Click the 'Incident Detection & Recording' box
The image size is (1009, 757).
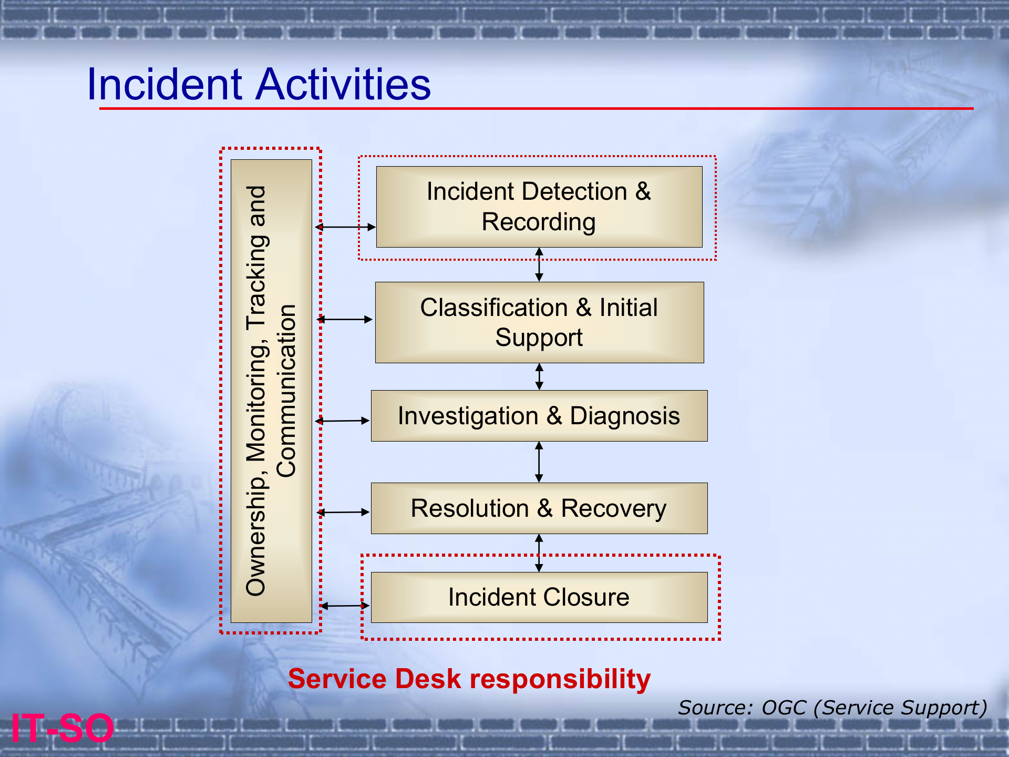coord(539,207)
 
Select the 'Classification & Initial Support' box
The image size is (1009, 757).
coord(539,322)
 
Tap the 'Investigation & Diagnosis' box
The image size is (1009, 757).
coord(539,416)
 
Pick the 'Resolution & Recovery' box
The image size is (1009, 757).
coord(539,508)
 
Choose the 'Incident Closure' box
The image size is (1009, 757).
coord(539,597)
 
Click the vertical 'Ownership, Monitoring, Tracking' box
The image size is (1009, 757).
coord(271,391)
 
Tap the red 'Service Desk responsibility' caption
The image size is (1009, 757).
coord(469,679)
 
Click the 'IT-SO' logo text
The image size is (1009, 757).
coord(62,728)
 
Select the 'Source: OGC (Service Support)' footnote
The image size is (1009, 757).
coord(832,708)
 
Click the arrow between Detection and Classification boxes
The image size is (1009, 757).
coord(539,264)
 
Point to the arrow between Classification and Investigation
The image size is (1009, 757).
coord(539,376)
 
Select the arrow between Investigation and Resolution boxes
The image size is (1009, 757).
coord(539,462)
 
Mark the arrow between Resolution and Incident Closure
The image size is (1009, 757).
coord(539,553)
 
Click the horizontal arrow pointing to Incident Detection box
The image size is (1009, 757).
coord(345,227)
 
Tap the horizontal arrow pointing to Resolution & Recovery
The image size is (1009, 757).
coord(344,512)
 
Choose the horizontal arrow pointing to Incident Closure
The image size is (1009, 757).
coord(345,606)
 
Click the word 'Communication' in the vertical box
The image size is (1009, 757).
coord(287,391)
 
